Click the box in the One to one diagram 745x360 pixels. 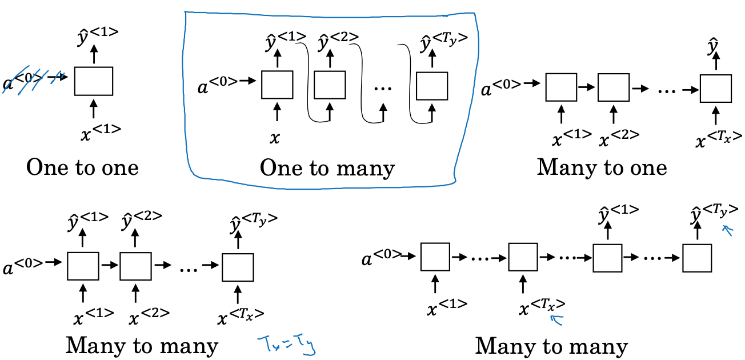(94, 81)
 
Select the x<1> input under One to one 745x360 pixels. (101, 133)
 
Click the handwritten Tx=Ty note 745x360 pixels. (286, 345)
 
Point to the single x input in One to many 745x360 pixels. (275, 138)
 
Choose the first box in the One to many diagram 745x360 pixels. (277, 85)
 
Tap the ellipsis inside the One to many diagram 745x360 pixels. (383, 89)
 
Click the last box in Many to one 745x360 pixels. (716, 88)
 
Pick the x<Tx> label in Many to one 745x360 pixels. (719, 139)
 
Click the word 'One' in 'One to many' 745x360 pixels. (281, 167)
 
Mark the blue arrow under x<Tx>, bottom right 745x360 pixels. (557, 319)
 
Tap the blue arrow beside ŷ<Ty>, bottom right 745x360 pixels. (728, 230)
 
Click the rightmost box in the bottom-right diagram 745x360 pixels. (697, 258)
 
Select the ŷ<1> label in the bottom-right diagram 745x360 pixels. (619, 214)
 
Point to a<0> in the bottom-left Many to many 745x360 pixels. (23, 267)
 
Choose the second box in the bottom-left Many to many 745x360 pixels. (135, 266)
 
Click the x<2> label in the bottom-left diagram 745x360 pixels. (149, 317)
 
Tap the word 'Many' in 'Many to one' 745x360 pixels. (566, 167)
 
